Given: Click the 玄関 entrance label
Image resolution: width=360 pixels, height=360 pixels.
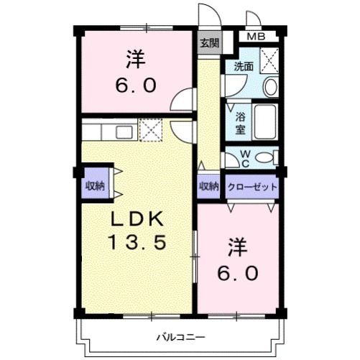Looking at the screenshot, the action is pos(210,43).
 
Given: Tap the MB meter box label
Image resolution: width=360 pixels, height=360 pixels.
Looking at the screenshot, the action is pos(256,37).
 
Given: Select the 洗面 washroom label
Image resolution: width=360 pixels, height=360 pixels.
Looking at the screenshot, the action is pos(244,67).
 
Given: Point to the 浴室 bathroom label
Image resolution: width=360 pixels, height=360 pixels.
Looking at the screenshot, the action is pos(240,123).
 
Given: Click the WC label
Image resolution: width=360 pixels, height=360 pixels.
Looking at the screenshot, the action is pos(245,159).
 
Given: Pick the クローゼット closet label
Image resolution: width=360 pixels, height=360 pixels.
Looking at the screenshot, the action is pos(252,187).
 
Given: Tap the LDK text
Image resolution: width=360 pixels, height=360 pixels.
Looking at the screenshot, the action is pos(137,218).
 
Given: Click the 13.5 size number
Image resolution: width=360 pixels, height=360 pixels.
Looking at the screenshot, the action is pos(137,242).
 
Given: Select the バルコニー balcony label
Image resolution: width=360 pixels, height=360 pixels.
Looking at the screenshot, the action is pos(181,338).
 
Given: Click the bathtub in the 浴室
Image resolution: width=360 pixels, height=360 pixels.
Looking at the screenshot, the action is pos(265,122).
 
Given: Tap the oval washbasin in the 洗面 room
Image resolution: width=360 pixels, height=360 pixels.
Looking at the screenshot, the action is pos(271,87).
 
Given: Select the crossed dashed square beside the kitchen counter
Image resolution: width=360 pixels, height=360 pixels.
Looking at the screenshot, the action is pos(151,129).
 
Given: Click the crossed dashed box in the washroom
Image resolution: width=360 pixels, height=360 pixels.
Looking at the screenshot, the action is pos(269,60).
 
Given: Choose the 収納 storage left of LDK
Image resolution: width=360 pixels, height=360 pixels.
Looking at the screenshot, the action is pos(96,185).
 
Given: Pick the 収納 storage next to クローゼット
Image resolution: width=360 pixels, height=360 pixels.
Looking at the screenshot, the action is pos(209,186).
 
